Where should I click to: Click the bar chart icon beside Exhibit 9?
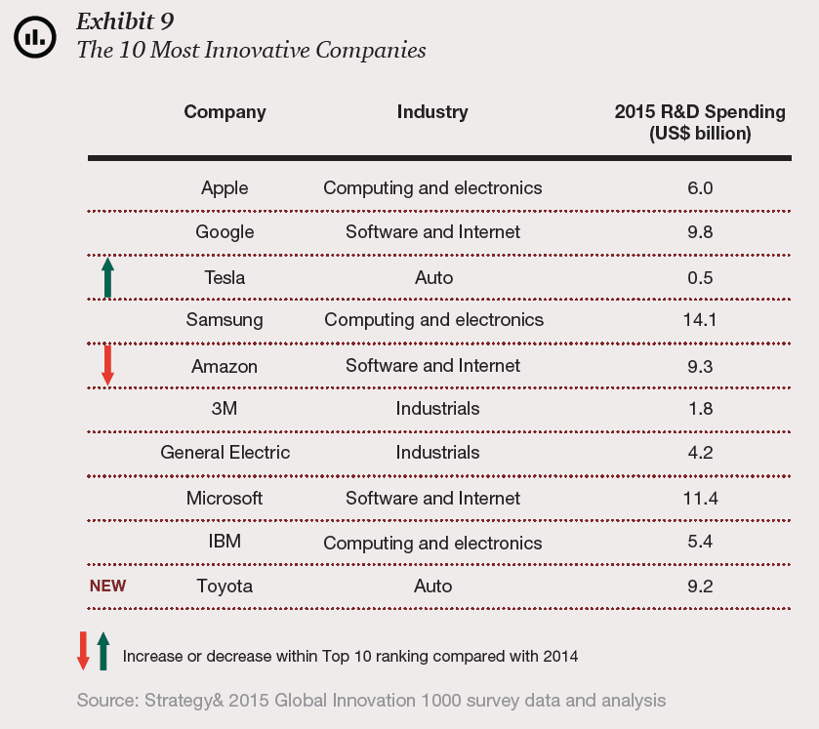[34, 37]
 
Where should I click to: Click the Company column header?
[225, 112]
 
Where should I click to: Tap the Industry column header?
[432, 112]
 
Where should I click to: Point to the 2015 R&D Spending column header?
[700, 122]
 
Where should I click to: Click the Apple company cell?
[225, 187]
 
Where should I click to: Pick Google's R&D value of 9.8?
[700, 232]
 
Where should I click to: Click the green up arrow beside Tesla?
[107, 277]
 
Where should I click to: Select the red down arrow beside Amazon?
[107, 364]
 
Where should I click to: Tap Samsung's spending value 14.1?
[700, 320]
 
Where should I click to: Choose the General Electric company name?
[225, 453]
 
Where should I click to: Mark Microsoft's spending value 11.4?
[700, 499]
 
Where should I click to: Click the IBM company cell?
[225, 543]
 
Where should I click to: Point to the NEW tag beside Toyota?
[107, 587]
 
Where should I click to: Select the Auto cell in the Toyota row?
[433, 587]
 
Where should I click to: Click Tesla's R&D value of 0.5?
[700, 278]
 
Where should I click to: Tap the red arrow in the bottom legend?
[83, 650]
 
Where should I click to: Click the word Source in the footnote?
[107, 701]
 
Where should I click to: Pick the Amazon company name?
[225, 366]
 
